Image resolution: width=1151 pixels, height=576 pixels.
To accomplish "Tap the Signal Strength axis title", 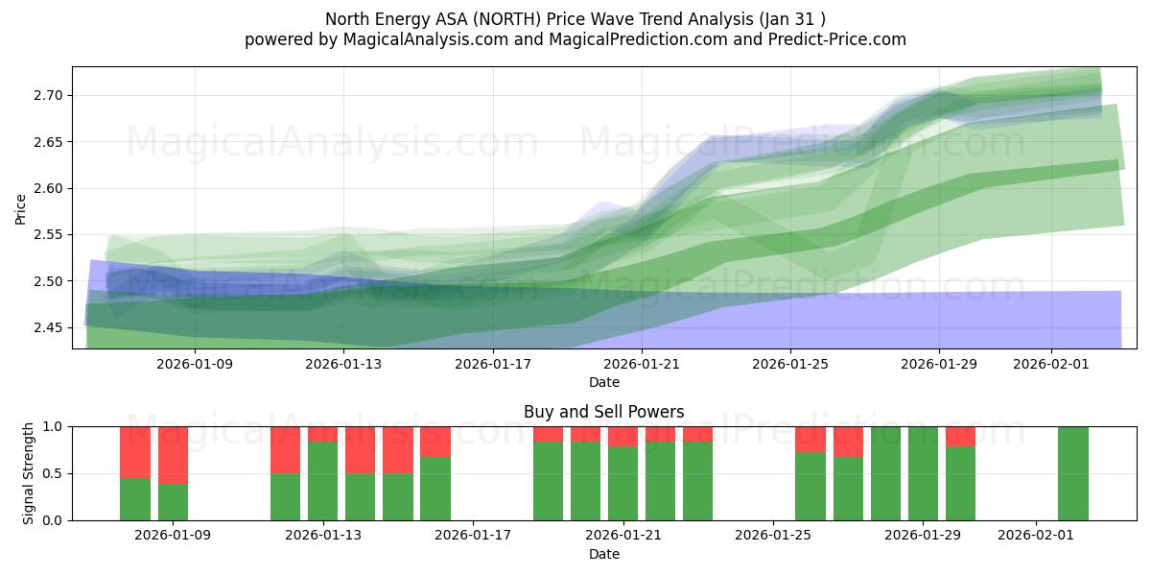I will click(x=29, y=473).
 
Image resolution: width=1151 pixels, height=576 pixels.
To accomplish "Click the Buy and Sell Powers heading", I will click(x=603, y=412).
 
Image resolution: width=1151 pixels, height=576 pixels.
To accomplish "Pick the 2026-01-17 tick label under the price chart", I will click(x=492, y=364).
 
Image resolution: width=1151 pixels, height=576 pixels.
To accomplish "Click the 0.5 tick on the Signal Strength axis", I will click(x=54, y=473).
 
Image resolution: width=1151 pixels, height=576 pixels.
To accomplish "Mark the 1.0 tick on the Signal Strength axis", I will click(x=54, y=426).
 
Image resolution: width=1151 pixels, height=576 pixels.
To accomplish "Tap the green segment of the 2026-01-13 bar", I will click(x=322, y=480).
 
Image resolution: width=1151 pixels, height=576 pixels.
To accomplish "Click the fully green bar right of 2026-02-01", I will click(x=1072, y=473).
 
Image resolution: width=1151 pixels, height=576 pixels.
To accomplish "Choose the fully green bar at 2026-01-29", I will click(x=923, y=473).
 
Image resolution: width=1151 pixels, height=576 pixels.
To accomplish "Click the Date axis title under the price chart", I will click(x=603, y=382).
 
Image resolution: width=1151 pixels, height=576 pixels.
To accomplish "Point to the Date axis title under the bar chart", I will click(x=603, y=554).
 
